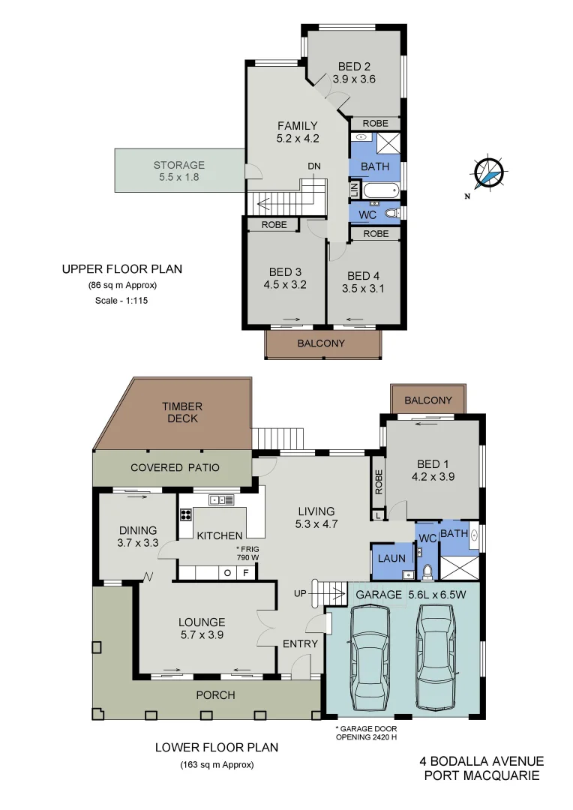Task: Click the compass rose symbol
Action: point(488,173)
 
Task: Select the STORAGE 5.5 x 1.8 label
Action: point(178,171)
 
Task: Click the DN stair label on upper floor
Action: point(313,166)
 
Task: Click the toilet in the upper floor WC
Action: point(391,214)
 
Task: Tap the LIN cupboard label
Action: point(353,190)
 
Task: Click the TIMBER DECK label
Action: point(182,412)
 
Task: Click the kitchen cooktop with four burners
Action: point(185,514)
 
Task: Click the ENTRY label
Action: point(300,643)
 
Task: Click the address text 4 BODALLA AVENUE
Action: point(481,761)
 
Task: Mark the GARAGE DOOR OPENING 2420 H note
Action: point(366,733)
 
